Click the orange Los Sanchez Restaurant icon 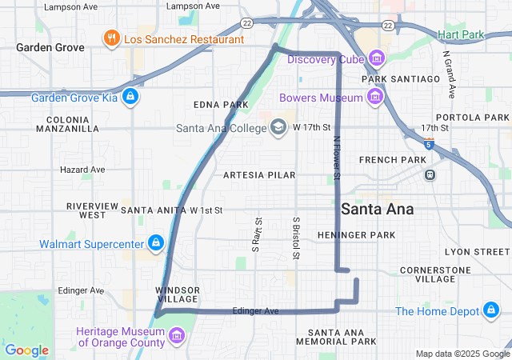pyautogui.click(x=111, y=38)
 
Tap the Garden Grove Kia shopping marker pyautogui.click(x=131, y=98)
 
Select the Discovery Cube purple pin pyautogui.click(x=376, y=58)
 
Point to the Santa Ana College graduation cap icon pyautogui.click(x=278, y=127)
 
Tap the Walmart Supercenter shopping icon pyautogui.click(x=155, y=242)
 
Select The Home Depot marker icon pyautogui.click(x=490, y=310)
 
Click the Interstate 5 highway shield pyautogui.click(x=430, y=144)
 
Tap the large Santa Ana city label pyautogui.click(x=378, y=209)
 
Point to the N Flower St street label pyautogui.click(x=337, y=157)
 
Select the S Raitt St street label pyautogui.click(x=258, y=234)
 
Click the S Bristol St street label pyautogui.click(x=296, y=238)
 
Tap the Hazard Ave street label pyautogui.click(x=82, y=170)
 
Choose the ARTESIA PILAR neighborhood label pyautogui.click(x=259, y=174)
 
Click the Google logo pyautogui.click(x=26, y=350)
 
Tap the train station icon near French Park pyautogui.click(x=430, y=174)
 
